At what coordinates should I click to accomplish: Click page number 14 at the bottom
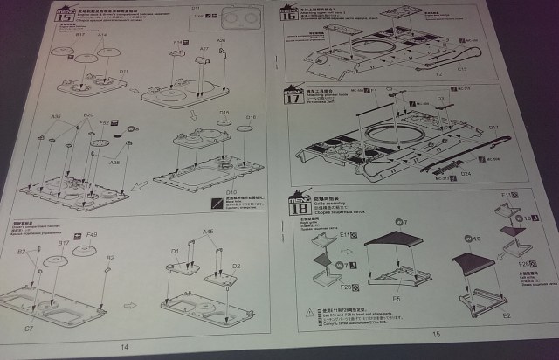(125, 348)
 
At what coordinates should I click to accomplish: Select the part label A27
(204, 49)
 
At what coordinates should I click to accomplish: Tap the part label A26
(221, 40)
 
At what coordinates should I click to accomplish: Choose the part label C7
(29, 329)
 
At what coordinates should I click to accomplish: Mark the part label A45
(207, 232)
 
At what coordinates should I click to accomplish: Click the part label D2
(236, 265)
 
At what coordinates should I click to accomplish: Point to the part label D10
(232, 191)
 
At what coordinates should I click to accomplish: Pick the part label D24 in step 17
(490, 173)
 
